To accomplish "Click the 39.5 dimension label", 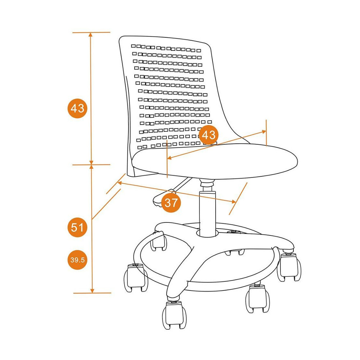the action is pos(77,260).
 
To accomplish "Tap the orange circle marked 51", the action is pos(77,227).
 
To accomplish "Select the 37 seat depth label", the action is pos(171,202).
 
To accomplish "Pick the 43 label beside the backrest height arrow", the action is pos(77,108).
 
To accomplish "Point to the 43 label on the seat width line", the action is pos(208,135).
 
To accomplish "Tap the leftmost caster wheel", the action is pos(136,278).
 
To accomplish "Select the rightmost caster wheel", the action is pos(289,266).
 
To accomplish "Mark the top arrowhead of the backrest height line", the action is pos(91,35).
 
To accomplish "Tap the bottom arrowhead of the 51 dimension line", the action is pos(92,291).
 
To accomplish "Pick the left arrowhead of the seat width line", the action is pos(170,158).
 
